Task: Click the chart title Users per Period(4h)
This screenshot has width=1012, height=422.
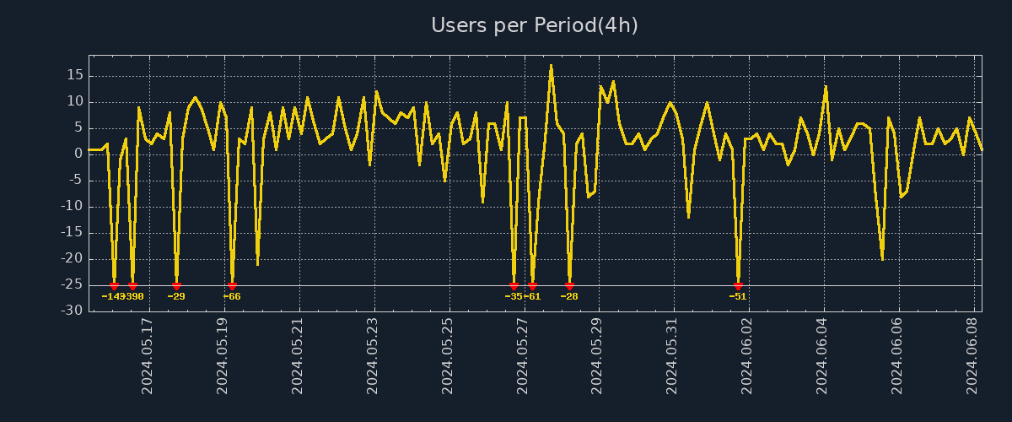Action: [x=535, y=25]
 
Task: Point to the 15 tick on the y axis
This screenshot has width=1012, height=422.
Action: [x=74, y=75]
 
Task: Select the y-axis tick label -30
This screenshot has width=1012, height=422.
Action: [x=72, y=311]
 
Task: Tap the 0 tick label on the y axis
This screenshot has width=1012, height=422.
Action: [x=78, y=154]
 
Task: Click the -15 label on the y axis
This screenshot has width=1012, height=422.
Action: [x=72, y=232]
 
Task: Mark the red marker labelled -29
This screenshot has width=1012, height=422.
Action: [x=176, y=286]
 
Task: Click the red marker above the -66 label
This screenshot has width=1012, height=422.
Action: [x=232, y=286]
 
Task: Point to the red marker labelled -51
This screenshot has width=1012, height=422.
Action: [x=738, y=286]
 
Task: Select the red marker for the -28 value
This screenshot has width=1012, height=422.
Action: [x=569, y=286]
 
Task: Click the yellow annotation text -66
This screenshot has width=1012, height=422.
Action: [x=232, y=296]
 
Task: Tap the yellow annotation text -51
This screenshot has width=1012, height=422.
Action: [x=738, y=296]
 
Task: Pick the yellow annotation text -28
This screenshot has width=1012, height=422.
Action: [x=569, y=296]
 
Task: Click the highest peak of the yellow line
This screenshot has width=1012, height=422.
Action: [x=551, y=65]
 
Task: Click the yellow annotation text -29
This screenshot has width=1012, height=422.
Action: [x=176, y=296]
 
